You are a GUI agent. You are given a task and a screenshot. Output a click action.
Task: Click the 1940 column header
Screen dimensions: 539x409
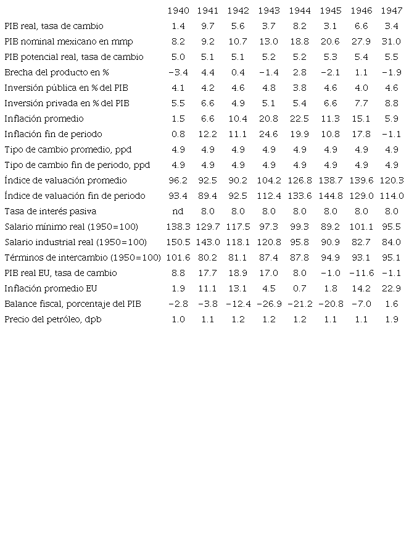[x=178, y=10]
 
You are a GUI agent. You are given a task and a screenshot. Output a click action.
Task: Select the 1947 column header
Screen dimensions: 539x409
[x=392, y=10]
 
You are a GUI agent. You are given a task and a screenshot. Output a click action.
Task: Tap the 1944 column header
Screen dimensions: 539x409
[x=300, y=10]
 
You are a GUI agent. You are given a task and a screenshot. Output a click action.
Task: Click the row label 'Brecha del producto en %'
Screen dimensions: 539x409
[x=57, y=72]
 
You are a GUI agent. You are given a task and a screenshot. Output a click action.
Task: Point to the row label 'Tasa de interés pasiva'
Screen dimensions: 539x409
[x=50, y=211]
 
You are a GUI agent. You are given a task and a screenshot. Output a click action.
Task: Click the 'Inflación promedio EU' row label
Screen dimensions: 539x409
[x=51, y=288]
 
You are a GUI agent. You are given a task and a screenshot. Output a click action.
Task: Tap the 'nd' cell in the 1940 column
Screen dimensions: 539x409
[x=178, y=211]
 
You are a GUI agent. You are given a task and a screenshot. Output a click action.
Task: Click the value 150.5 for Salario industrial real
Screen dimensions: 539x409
[x=178, y=242]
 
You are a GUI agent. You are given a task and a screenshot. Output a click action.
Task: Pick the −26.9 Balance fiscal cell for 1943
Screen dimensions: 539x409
[x=268, y=304]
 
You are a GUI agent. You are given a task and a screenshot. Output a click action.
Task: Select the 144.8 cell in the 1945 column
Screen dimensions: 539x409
[x=331, y=196]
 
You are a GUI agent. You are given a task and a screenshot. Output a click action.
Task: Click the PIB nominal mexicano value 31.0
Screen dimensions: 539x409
[x=392, y=41]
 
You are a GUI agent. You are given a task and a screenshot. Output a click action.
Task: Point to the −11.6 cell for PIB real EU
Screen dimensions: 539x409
[x=361, y=273]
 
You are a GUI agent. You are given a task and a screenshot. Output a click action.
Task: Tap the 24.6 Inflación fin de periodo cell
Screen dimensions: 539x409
[x=268, y=134]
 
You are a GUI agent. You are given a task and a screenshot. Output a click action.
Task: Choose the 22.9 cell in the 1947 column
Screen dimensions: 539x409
[x=392, y=288]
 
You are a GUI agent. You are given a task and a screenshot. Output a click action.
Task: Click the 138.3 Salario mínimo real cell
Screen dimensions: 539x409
[x=178, y=227]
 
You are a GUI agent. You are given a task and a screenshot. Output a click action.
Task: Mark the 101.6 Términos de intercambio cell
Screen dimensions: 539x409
[x=178, y=257]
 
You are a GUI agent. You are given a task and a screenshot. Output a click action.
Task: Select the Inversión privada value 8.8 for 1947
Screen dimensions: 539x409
[x=392, y=103]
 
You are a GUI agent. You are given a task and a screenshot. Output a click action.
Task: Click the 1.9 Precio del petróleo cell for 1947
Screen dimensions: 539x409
[x=392, y=319]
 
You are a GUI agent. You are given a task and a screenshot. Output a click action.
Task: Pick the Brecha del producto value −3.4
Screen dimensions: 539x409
[x=178, y=72]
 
